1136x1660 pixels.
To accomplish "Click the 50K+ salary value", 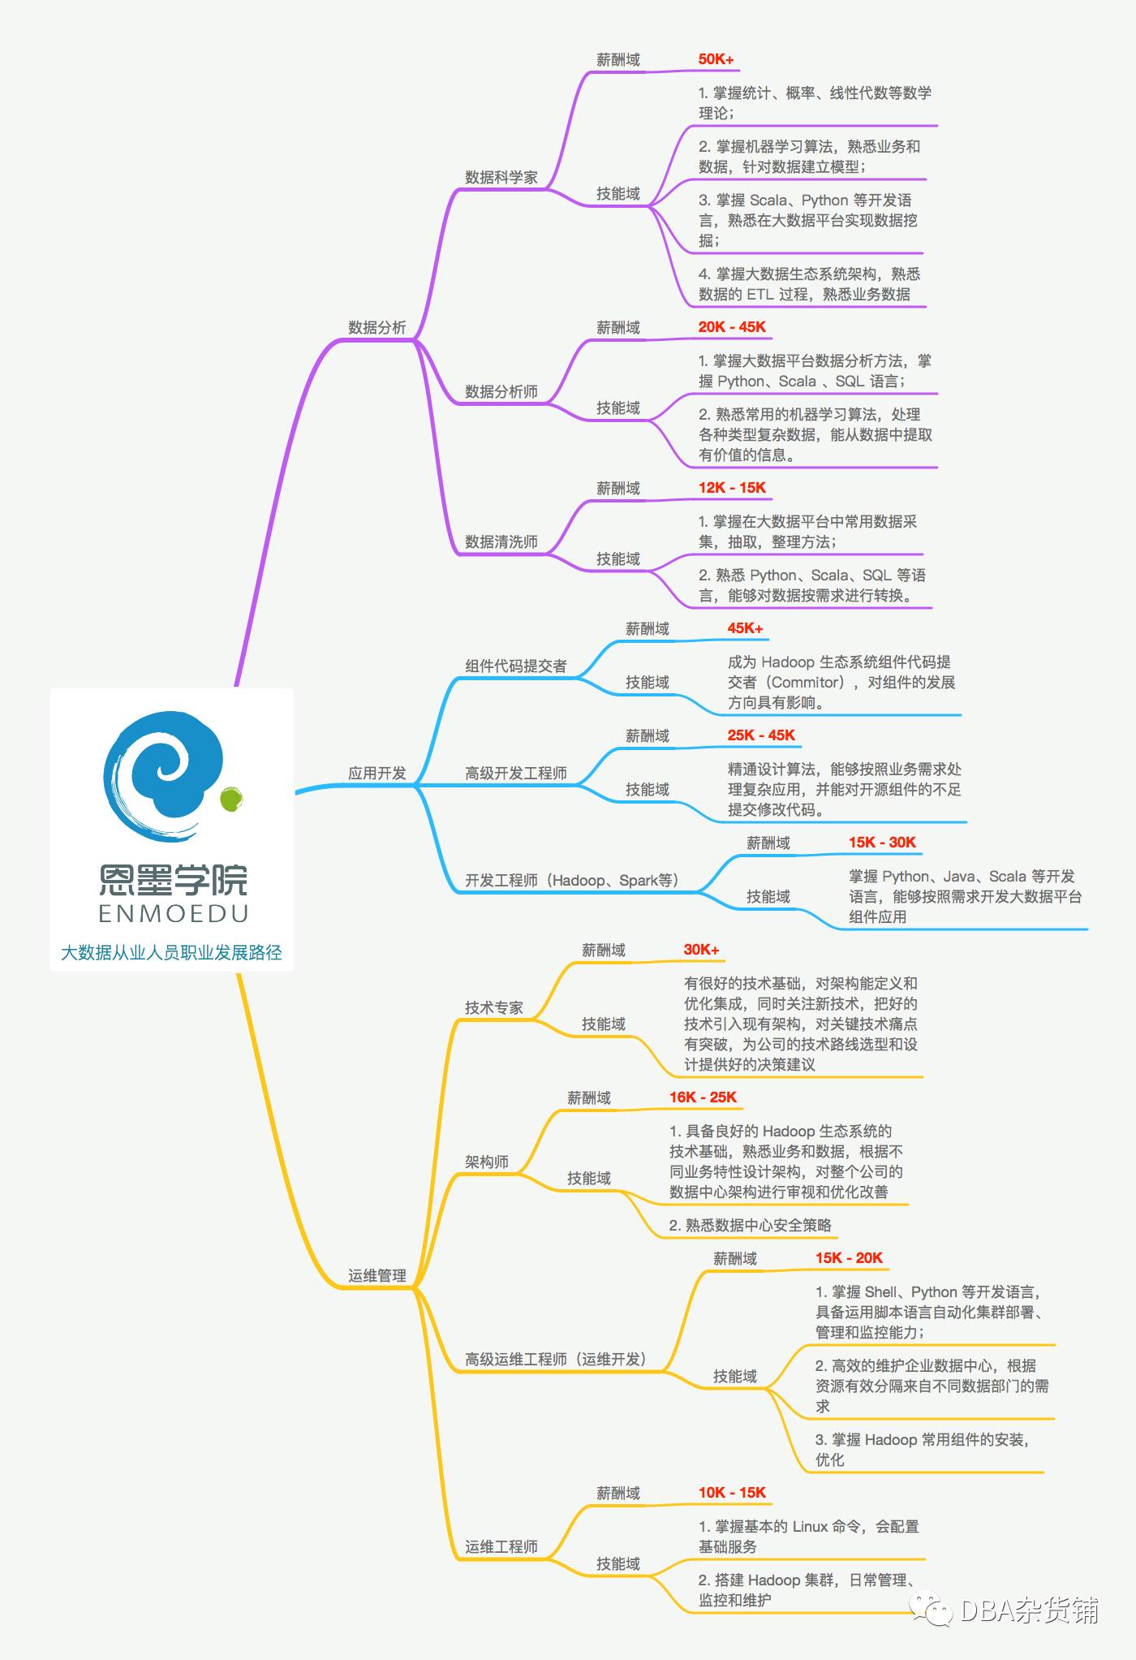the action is point(716,59).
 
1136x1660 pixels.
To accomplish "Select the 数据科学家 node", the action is point(501,178).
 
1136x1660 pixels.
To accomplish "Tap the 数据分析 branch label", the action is point(377,328).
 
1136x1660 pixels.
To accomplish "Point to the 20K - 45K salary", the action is point(732,327).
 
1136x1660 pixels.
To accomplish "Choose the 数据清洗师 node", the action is point(501,542).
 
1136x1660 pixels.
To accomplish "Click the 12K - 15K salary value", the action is point(732,488).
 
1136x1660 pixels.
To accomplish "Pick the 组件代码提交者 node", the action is point(515,666).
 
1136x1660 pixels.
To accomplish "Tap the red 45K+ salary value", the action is point(745,628).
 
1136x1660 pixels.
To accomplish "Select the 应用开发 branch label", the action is point(377,774).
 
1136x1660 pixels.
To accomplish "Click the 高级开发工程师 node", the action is point(515,774).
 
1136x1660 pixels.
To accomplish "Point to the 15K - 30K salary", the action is point(882,843).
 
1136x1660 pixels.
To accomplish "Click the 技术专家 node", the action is point(493,1008).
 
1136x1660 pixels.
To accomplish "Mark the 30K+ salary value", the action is point(701,950).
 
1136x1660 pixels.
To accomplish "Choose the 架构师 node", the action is point(486,1162).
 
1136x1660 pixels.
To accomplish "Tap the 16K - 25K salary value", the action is point(703,1097).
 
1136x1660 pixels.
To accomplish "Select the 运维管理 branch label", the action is point(377,1276).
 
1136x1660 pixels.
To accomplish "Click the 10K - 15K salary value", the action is point(732,1493).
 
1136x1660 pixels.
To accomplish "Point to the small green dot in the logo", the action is point(230,799).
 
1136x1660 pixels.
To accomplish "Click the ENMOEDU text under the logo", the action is point(173,914).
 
